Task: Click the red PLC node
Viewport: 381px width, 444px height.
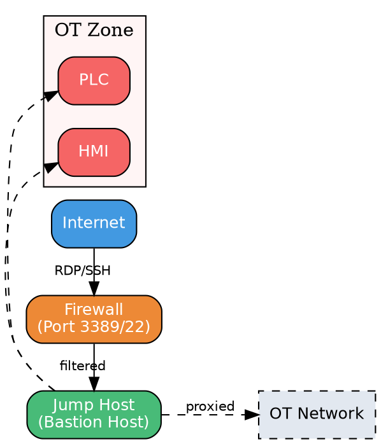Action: point(94,80)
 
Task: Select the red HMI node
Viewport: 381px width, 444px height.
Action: point(94,151)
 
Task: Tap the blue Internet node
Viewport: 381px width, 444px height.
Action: point(94,223)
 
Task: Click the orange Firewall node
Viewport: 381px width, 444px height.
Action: point(94,319)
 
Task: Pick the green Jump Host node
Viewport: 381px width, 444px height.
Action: point(94,414)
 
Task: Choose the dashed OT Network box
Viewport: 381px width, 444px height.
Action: point(317,414)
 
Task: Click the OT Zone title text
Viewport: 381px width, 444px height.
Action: point(94,30)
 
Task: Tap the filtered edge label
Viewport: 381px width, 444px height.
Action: point(82,366)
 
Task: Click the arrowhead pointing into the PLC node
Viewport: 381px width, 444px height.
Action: point(51,95)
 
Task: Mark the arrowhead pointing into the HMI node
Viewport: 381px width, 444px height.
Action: point(51,167)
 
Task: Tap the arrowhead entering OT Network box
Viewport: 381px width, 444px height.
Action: point(252,415)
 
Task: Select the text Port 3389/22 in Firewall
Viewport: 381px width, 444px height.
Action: point(94,326)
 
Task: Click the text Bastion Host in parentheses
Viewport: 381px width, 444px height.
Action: point(94,422)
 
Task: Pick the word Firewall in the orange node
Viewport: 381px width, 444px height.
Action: point(94,310)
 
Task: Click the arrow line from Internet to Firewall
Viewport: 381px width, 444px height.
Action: point(94,261)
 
